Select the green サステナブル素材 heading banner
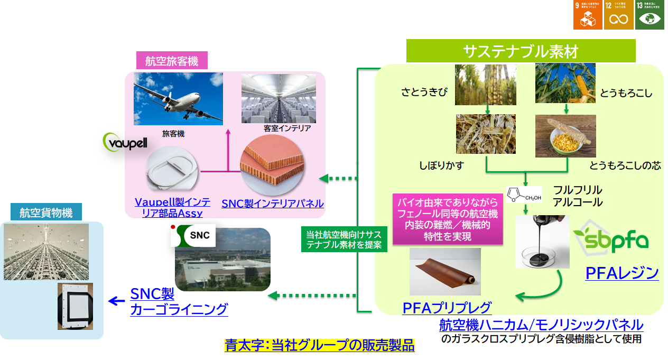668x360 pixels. tap(521, 51)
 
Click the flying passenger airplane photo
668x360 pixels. tap(178, 99)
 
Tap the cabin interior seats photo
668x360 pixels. tap(279, 98)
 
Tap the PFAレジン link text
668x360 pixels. tap(622, 273)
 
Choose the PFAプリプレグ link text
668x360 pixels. tap(447, 307)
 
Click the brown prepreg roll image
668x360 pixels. tap(445, 271)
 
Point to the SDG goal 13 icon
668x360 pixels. tap(650, 14)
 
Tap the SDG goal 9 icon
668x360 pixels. tap(587, 14)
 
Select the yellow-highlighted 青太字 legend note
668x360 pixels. tap(319, 345)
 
